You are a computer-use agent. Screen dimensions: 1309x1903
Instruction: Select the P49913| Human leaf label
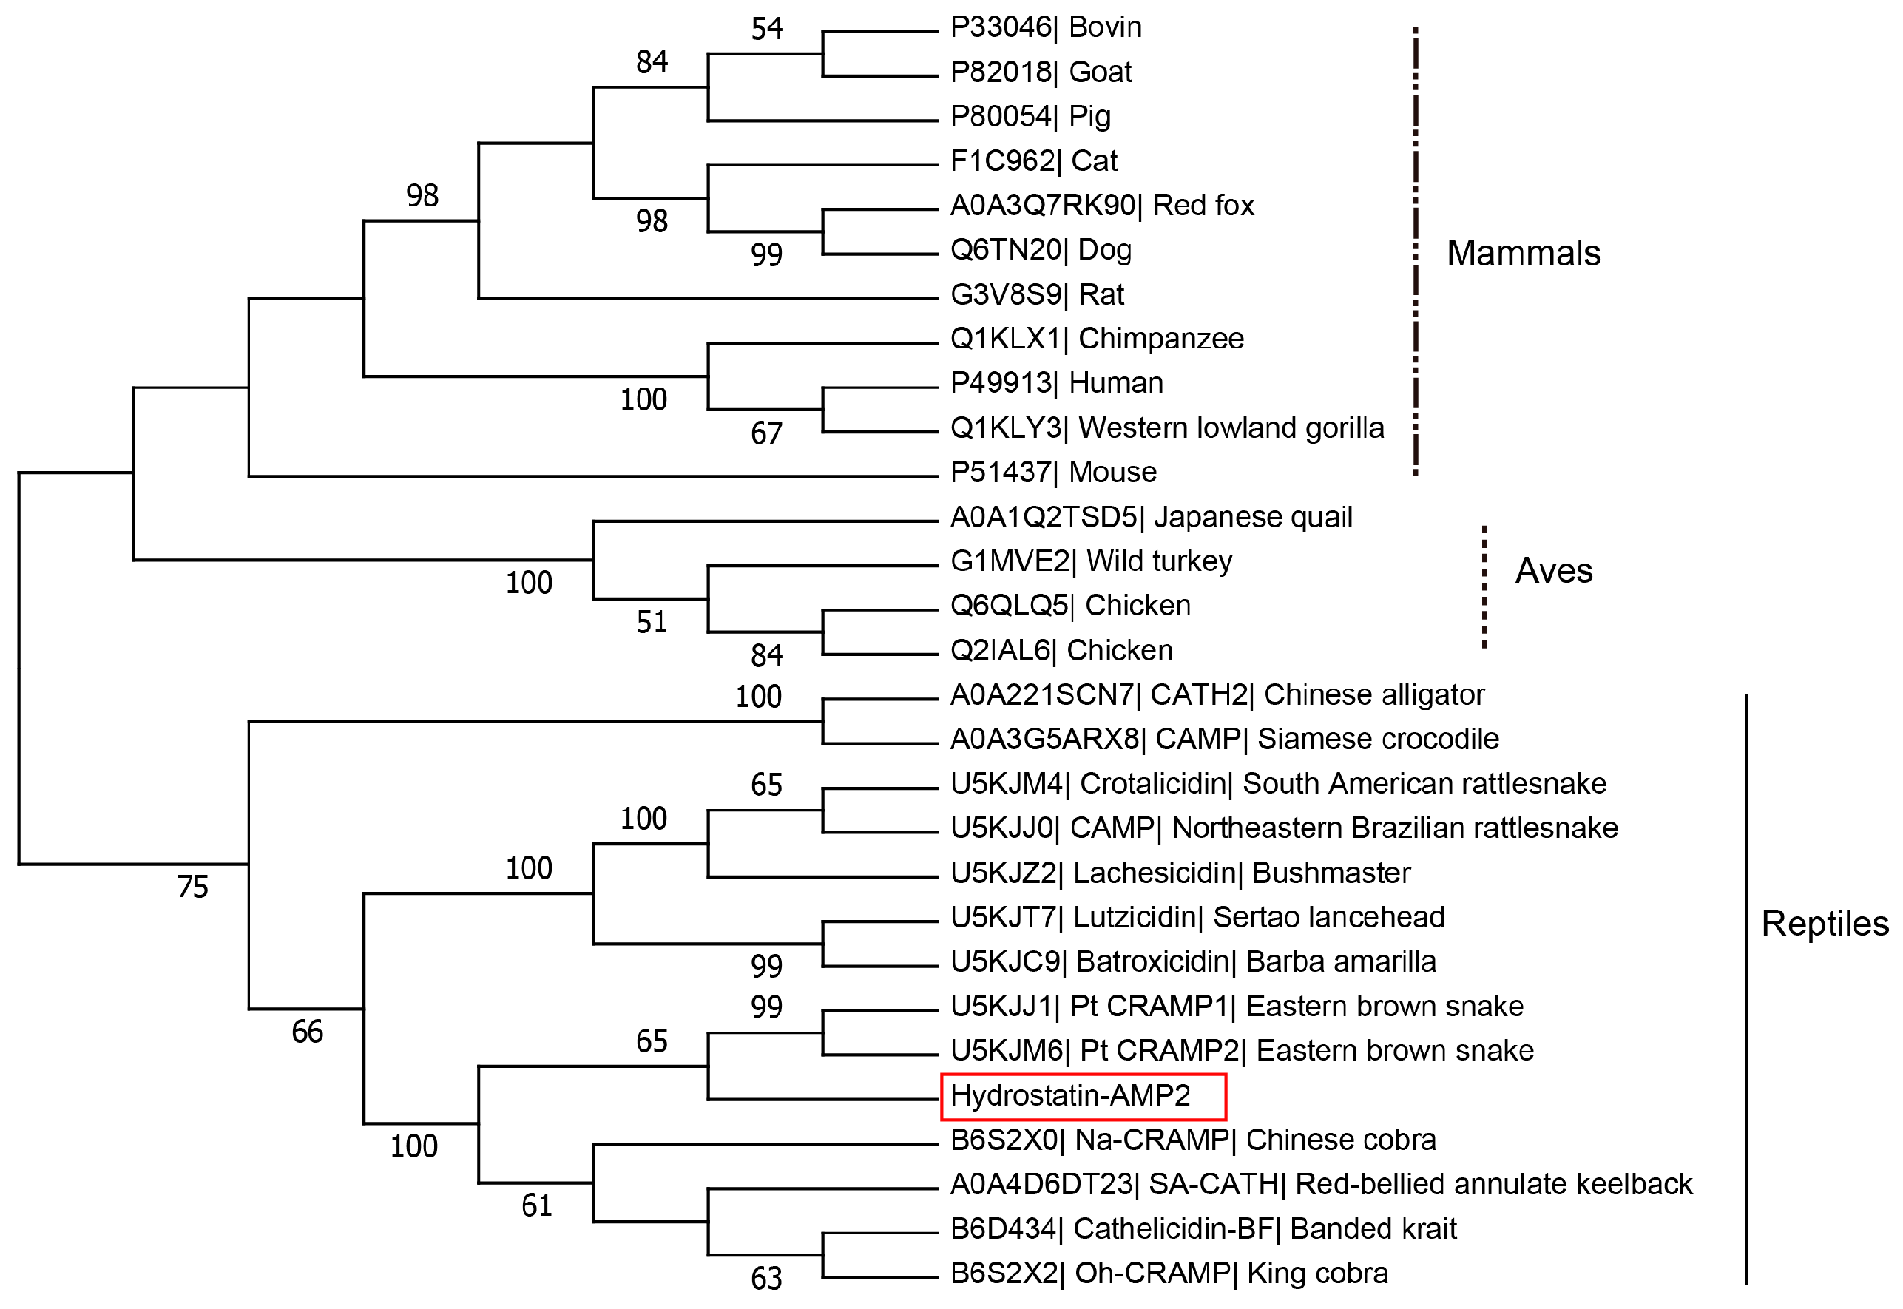tap(1056, 383)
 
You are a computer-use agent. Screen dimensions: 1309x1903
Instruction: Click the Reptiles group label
tap(1825, 924)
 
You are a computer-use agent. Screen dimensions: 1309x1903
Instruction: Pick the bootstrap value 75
tap(193, 887)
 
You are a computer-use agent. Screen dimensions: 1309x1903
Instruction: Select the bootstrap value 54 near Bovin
tap(767, 30)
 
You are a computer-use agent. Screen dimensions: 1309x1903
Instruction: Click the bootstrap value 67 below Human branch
tap(767, 433)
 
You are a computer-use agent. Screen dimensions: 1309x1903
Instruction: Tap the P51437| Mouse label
tap(1053, 473)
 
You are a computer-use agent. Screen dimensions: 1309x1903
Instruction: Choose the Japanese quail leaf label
tap(1151, 518)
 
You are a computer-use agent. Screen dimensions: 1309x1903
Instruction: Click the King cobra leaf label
tap(1169, 1273)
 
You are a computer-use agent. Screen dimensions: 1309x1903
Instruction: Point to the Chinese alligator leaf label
tap(1217, 694)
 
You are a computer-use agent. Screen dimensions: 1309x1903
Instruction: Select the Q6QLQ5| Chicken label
tap(1070, 605)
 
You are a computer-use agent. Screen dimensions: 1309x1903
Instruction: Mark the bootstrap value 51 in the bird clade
tap(652, 623)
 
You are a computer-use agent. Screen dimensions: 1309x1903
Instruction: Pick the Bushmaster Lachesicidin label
tap(1180, 873)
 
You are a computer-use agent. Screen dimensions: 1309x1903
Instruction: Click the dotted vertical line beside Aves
tap(1484, 587)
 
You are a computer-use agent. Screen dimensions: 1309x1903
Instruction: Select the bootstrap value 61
tap(537, 1205)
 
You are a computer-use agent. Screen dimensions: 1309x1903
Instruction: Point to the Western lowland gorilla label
tap(1167, 428)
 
